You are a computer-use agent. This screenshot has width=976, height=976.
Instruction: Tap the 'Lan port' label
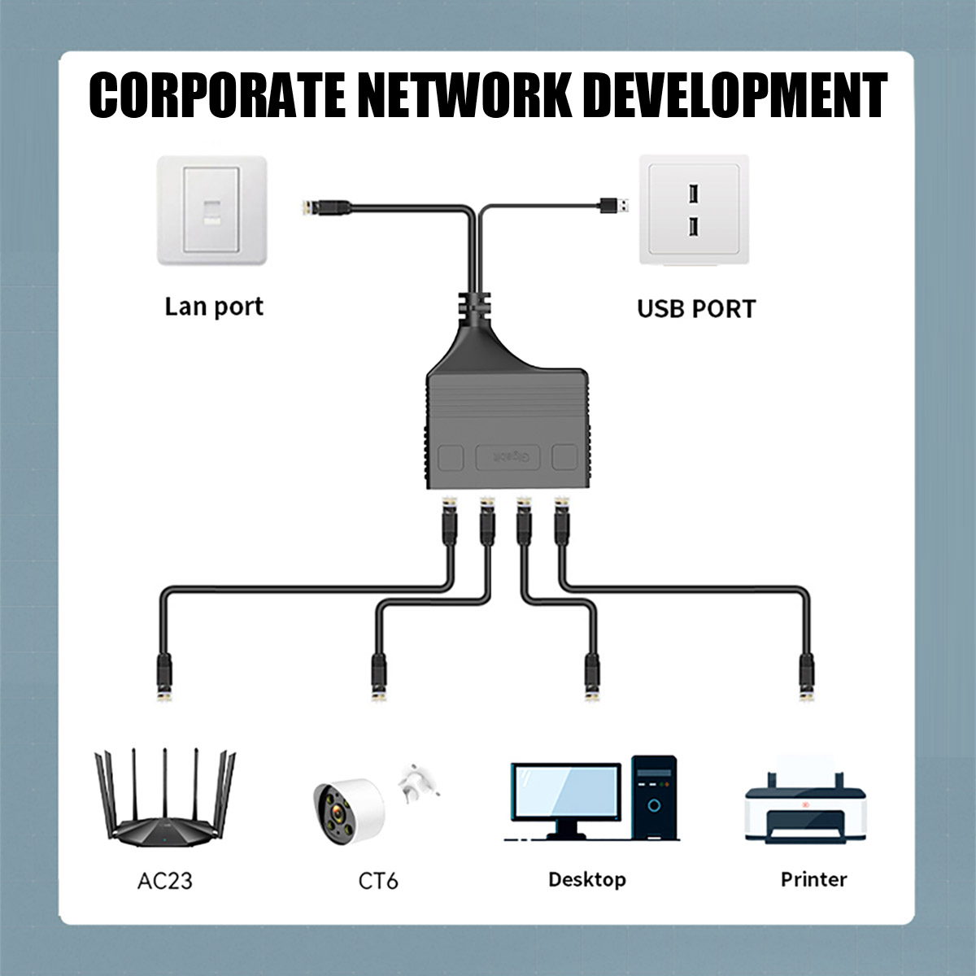tap(214, 307)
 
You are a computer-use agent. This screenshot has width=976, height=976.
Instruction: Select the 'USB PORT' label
tap(696, 309)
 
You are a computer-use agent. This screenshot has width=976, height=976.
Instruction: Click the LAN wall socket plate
tap(212, 211)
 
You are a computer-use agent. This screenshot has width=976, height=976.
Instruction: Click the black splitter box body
tap(507, 427)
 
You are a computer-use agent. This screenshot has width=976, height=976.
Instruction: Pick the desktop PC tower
tap(654, 797)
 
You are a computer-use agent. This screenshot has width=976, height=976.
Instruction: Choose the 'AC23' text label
tap(165, 881)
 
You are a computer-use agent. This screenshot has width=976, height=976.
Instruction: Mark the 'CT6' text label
tap(378, 881)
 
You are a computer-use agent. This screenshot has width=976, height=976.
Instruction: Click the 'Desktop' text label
tap(586, 879)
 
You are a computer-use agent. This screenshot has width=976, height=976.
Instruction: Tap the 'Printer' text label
tap(813, 879)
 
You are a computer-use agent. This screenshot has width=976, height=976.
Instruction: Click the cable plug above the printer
tap(805, 675)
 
